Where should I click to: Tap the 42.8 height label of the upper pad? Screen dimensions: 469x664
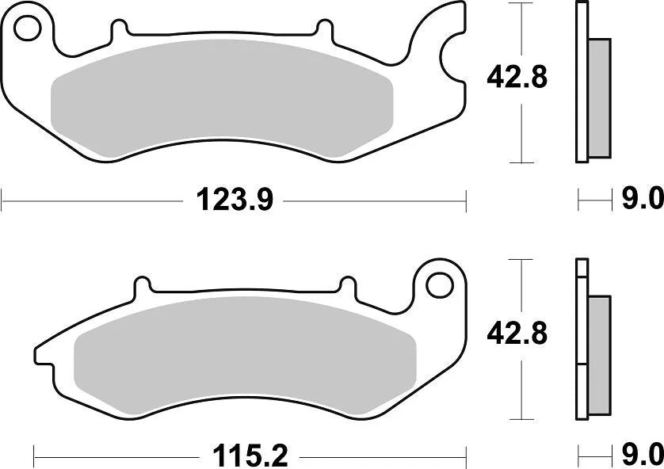click(517, 78)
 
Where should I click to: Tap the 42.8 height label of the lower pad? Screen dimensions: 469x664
click(517, 334)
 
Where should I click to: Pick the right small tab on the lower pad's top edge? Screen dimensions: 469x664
click(347, 285)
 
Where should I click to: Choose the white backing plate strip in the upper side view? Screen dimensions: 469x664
click(582, 83)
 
